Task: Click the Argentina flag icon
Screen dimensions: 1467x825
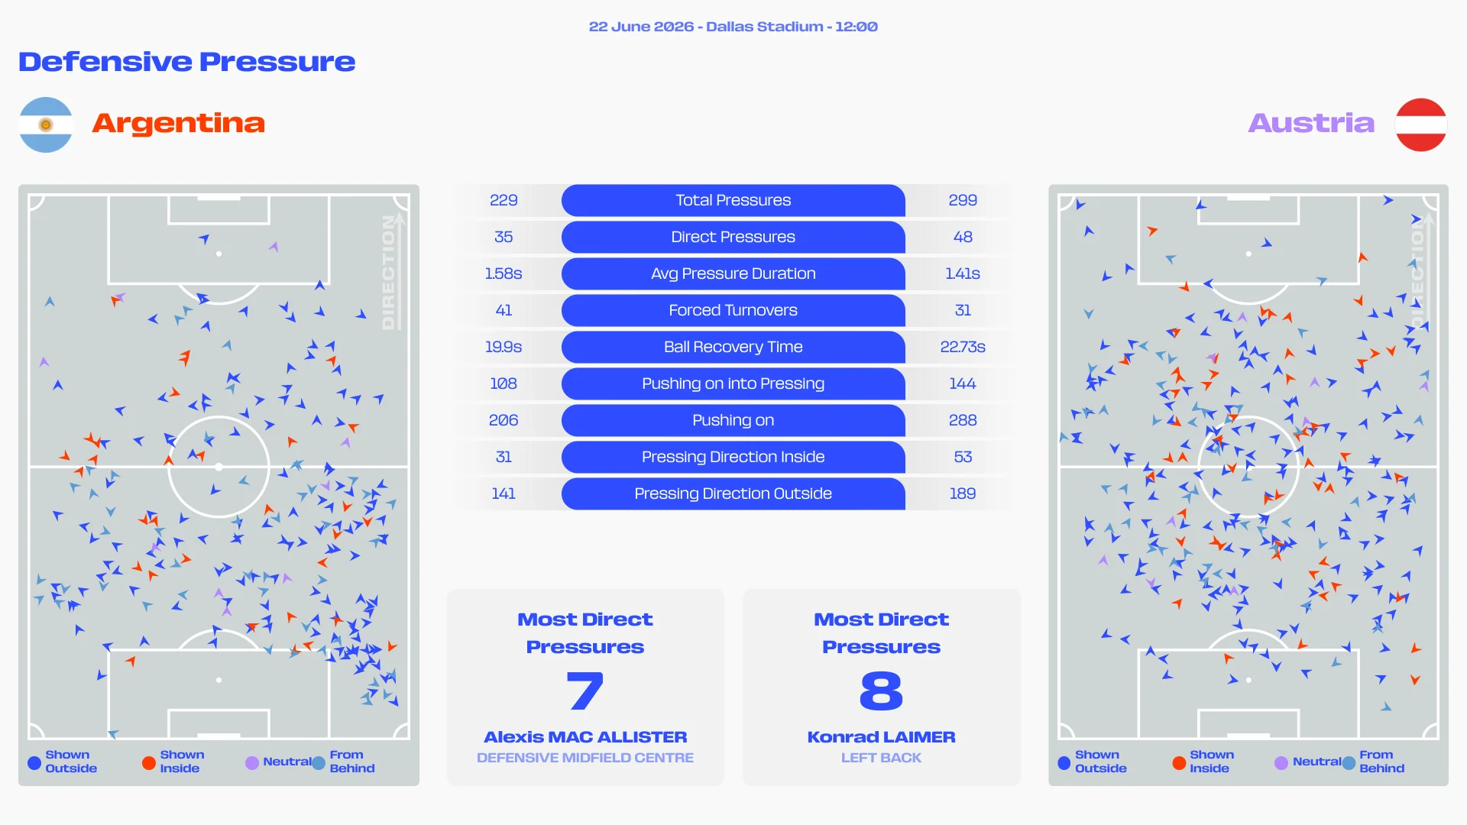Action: [x=46, y=125]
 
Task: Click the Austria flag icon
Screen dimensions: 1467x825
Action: [x=1420, y=125]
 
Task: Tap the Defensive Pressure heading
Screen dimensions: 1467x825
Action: [x=187, y=62]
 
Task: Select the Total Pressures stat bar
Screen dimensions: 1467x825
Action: [x=733, y=200]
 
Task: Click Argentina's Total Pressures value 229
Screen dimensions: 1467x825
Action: [x=504, y=200]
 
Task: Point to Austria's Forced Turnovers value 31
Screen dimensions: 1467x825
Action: [x=963, y=310]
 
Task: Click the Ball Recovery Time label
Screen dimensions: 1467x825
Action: [x=733, y=347]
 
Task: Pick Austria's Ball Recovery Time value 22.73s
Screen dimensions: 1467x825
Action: [x=963, y=347]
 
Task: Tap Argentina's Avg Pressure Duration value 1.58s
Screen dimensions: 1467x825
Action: [x=504, y=273]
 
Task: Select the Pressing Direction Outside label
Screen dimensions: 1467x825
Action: [x=733, y=493]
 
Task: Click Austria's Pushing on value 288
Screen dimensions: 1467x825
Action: [x=963, y=420]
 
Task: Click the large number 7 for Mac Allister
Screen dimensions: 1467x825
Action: [x=585, y=691]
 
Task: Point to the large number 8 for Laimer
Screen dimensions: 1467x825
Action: [x=881, y=691]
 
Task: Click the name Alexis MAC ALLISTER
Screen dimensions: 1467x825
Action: [x=585, y=737]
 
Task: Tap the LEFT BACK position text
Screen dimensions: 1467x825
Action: [x=881, y=758]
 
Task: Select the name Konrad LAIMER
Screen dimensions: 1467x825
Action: [x=881, y=737]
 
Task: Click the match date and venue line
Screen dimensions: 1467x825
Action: [x=733, y=27]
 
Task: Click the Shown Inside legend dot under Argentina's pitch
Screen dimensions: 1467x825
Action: [x=149, y=762]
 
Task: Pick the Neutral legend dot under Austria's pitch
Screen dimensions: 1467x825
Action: [x=1281, y=762]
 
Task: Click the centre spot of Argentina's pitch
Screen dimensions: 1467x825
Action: [x=219, y=467]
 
